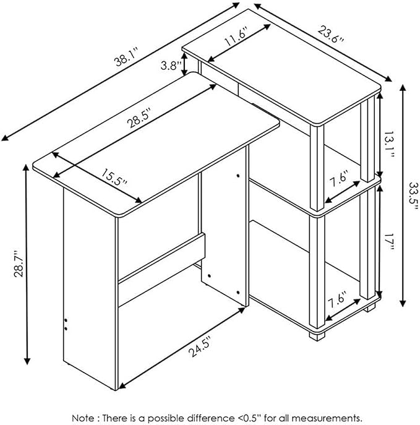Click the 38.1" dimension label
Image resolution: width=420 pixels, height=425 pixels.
pyautogui.click(x=127, y=56)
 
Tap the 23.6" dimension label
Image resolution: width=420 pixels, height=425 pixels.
pyautogui.click(x=331, y=33)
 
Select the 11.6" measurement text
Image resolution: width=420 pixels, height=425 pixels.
pyautogui.click(x=235, y=36)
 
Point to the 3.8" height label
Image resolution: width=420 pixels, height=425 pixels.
pyautogui.click(x=171, y=65)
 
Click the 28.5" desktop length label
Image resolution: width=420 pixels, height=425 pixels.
pyautogui.click(x=139, y=118)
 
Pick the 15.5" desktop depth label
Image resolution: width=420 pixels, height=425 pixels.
pyautogui.click(x=114, y=178)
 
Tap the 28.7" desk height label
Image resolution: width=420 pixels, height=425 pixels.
pyautogui.click(x=19, y=263)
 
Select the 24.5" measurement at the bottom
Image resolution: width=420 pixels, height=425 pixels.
pyautogui.click(x=200, y=348)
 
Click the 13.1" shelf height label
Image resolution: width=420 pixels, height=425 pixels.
pyautogui.click(x=389, y=145)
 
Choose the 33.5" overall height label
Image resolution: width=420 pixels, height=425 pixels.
pyautogui.click(x=414, y=195)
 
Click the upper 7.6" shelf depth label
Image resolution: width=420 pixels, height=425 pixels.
pyautogui.click(x=338, y=179)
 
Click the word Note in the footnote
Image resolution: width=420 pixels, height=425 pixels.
pyautogui.click(x=84, y=418)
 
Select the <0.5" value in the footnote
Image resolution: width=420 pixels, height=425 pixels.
pyautogui.click(x=249, y=418)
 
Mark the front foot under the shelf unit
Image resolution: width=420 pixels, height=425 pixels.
pyautogui.click(x=317, y=336)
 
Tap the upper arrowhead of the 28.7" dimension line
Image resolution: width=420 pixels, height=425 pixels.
pyautogui.click(x=26, y=167)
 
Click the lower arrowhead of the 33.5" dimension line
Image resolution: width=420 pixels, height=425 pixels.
pyautogui.click(x=403, y=303)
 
